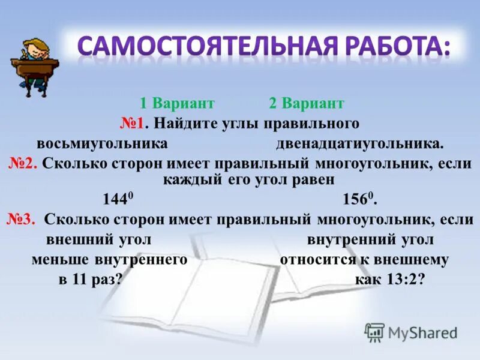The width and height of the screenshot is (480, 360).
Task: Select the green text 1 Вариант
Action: pyautogui.click(x=177, y=104)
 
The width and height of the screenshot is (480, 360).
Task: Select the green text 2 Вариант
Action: pyautogui.click(x=306, y=104)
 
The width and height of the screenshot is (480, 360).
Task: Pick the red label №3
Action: pyautogui.click(x=22, y=220)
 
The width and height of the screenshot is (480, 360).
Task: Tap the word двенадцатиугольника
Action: pyautogui.click(x=359, y=144)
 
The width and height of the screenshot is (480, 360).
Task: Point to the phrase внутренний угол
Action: pyautogui.click(x=370, y=240)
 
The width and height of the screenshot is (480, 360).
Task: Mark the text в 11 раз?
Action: pyautogui.click(x=91, y=280)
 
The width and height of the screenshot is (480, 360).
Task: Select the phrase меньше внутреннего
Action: pyautogui.click(x=110, y=260)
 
